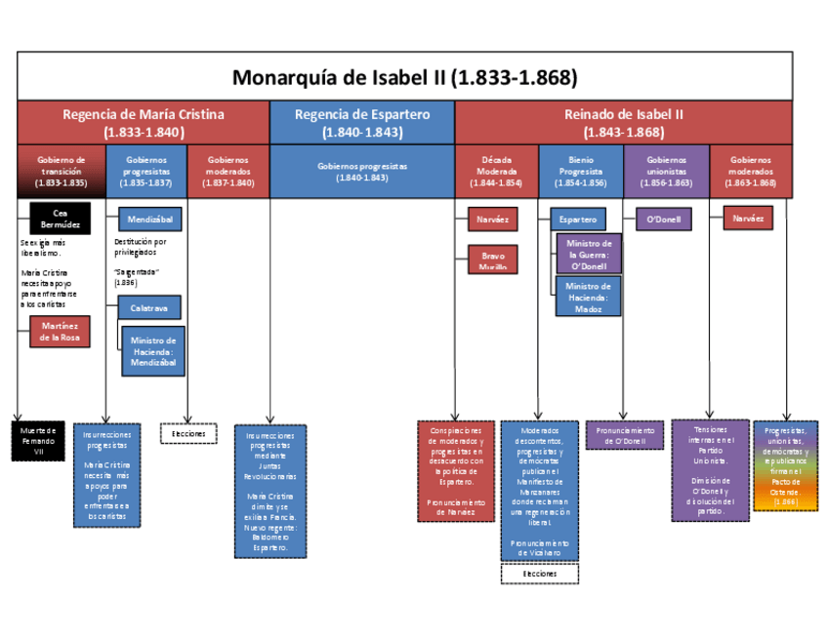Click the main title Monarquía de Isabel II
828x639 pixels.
pyautogui.click(x=404, y=76)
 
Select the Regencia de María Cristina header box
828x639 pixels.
pyautogui.click(x=144, y=123)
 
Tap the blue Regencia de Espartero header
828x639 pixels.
pyautogui.click(x=362, y=123)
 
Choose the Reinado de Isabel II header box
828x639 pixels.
pyautogui.click(x=624, y=123)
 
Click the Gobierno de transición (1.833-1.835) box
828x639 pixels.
pyautogui.click(x=61, y=171)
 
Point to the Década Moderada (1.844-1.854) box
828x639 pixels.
pyautogui.click(x=496, y=171)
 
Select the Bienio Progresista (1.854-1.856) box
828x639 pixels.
pyautogui.click(x=580, y=171)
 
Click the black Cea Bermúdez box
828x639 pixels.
pyautogui.click(x=60, y=218)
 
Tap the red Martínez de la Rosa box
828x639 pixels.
pyautogui.click(x=60, y=332)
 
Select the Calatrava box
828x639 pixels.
pyautogui.click(x=149, y=307)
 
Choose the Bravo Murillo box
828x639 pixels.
pyautogui.click(x=493, y=260)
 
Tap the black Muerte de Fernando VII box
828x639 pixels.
pyautogui.click(x=38, y=441)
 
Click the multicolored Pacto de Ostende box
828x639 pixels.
pyautogui.click(x=785, y=466)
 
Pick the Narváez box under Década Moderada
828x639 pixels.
pyautogui.click(x=493, y=220)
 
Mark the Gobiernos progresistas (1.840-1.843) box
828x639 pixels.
pyautogui.click(x=362, y=172)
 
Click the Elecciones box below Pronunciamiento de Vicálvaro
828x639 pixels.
pyautogui.click(x=539, y=574)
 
